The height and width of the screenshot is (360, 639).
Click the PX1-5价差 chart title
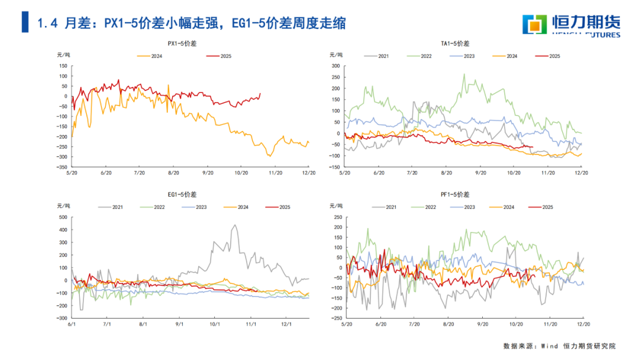[182, 44]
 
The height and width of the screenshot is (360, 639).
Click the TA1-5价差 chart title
[455, 44]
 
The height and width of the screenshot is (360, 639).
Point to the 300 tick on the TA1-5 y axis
[336, 66]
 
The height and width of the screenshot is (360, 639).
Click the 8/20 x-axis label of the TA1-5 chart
[446, 173]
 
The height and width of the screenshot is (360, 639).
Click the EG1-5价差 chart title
[182, 194]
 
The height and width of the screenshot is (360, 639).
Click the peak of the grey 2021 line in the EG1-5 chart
[235, 225]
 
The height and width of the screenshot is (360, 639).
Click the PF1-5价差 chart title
[455, 194]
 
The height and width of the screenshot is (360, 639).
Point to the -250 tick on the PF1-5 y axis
[336, 319]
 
